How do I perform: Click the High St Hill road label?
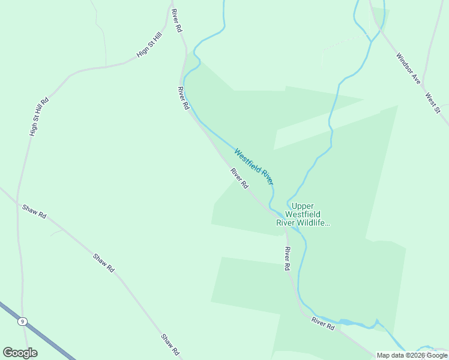click(x=149, y=45)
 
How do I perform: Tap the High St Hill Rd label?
click(x=38, y=115)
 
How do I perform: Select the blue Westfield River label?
click(x=255, y=166)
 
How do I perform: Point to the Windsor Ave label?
click(x=408, y=68)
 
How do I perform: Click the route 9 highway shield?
click(x=22, y=322)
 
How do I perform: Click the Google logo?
click(x=20, y=353)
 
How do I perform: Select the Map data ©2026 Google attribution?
click(x=412, y=355)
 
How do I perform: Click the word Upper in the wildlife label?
click(x=303, y=206)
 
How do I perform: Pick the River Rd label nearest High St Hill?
click(x=176, y=21)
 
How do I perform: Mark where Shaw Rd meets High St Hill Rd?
click(x=18, y=203)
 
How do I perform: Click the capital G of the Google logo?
click(x=8, y=353)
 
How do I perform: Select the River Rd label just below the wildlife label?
click(x=287, y=258)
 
